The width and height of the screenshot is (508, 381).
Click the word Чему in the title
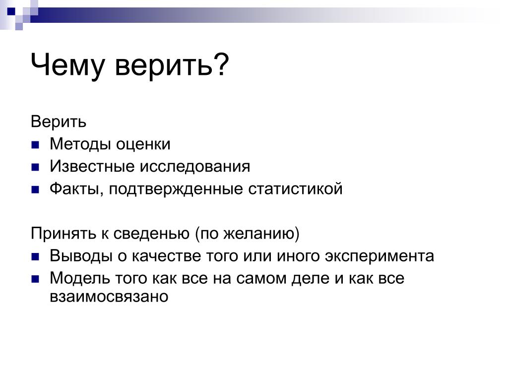point(67,66)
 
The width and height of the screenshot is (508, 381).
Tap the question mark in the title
point(222,63)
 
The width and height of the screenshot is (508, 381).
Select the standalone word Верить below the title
point(59,122)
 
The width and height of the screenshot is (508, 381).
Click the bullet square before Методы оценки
point(35,144)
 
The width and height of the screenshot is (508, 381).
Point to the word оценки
point(143,144)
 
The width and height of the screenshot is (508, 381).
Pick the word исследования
point(195,167)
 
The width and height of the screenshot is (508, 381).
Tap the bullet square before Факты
point(35,189)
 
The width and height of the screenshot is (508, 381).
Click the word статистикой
point(295,189)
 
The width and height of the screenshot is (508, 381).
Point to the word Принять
point(63,233)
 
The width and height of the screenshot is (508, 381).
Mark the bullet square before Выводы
point(35,257)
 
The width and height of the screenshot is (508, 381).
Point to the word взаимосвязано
point(109,297)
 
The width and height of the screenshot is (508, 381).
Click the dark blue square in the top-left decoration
point(11,12)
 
